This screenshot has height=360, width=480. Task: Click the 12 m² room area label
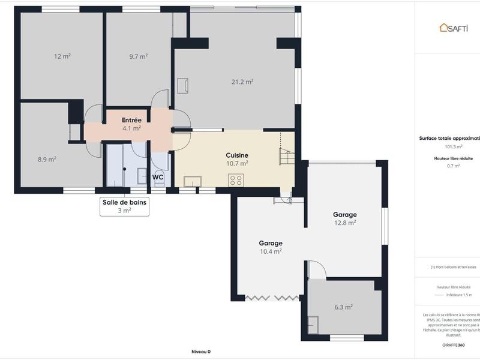coord(62,56)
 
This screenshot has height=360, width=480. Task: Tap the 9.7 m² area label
coord(139,56)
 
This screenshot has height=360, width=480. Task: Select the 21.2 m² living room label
coord(242,82)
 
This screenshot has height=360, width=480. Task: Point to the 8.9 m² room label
coord(47,160)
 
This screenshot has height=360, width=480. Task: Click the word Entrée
coord(131,120)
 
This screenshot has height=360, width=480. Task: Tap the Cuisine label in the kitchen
coord(237,155)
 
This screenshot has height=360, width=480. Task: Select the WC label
coord(158,178)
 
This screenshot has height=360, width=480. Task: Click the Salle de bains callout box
coord(124,206)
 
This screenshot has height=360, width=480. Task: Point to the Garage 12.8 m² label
coord(345,218)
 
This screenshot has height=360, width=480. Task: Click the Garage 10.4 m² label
coord(271,247)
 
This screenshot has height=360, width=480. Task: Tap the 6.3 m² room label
coord(343,307)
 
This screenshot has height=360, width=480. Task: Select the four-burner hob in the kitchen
coord(236,180)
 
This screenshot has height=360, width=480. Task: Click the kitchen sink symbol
coord(193,181)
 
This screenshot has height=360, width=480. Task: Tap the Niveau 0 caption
coord(201,352)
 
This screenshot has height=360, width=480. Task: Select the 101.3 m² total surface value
coord(453,146)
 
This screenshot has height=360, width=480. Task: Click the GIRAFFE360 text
coord(453,346)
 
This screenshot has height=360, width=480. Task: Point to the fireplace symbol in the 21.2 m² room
coord(182,85)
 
